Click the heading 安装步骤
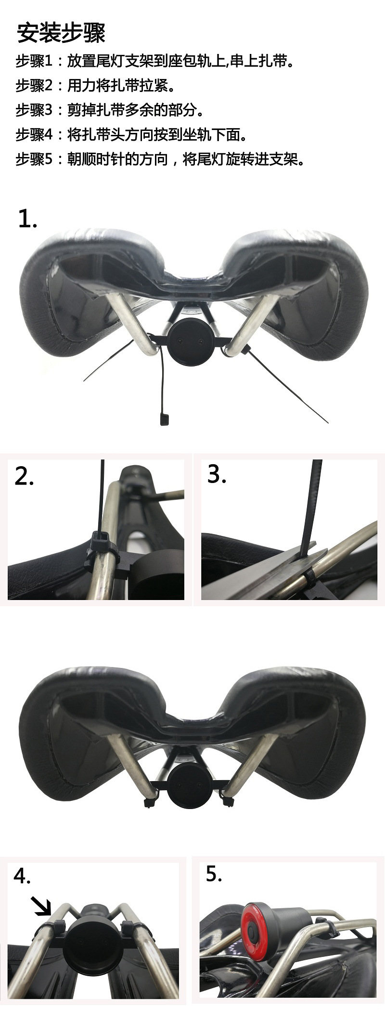[61, 33]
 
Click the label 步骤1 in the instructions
[33, 62]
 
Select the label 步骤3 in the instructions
[33, 110]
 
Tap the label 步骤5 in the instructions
[33, 159]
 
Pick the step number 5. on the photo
[214, 874]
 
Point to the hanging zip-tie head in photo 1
[164, 419]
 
